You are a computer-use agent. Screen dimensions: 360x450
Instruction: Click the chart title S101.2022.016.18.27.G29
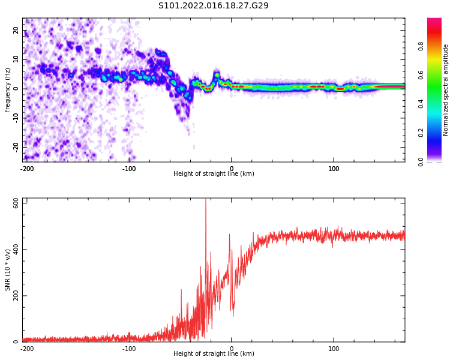(214, 5)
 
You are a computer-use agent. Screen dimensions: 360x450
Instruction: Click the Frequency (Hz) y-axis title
(8, 90)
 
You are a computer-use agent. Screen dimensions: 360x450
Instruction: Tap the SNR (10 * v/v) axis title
(8, 270)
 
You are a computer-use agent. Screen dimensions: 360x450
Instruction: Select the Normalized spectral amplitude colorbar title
(446, 90)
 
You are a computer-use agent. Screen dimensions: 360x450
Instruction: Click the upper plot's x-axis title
(214, 173)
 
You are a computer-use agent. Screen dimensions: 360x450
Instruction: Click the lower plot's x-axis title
(214, 353)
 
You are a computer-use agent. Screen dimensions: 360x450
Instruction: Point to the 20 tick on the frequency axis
(16, 30)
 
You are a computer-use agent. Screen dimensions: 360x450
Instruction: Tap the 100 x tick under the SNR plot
(334, 348)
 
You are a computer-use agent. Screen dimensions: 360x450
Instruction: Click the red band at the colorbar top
(434, 21)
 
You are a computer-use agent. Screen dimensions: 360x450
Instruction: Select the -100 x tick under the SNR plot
(129, 348)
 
